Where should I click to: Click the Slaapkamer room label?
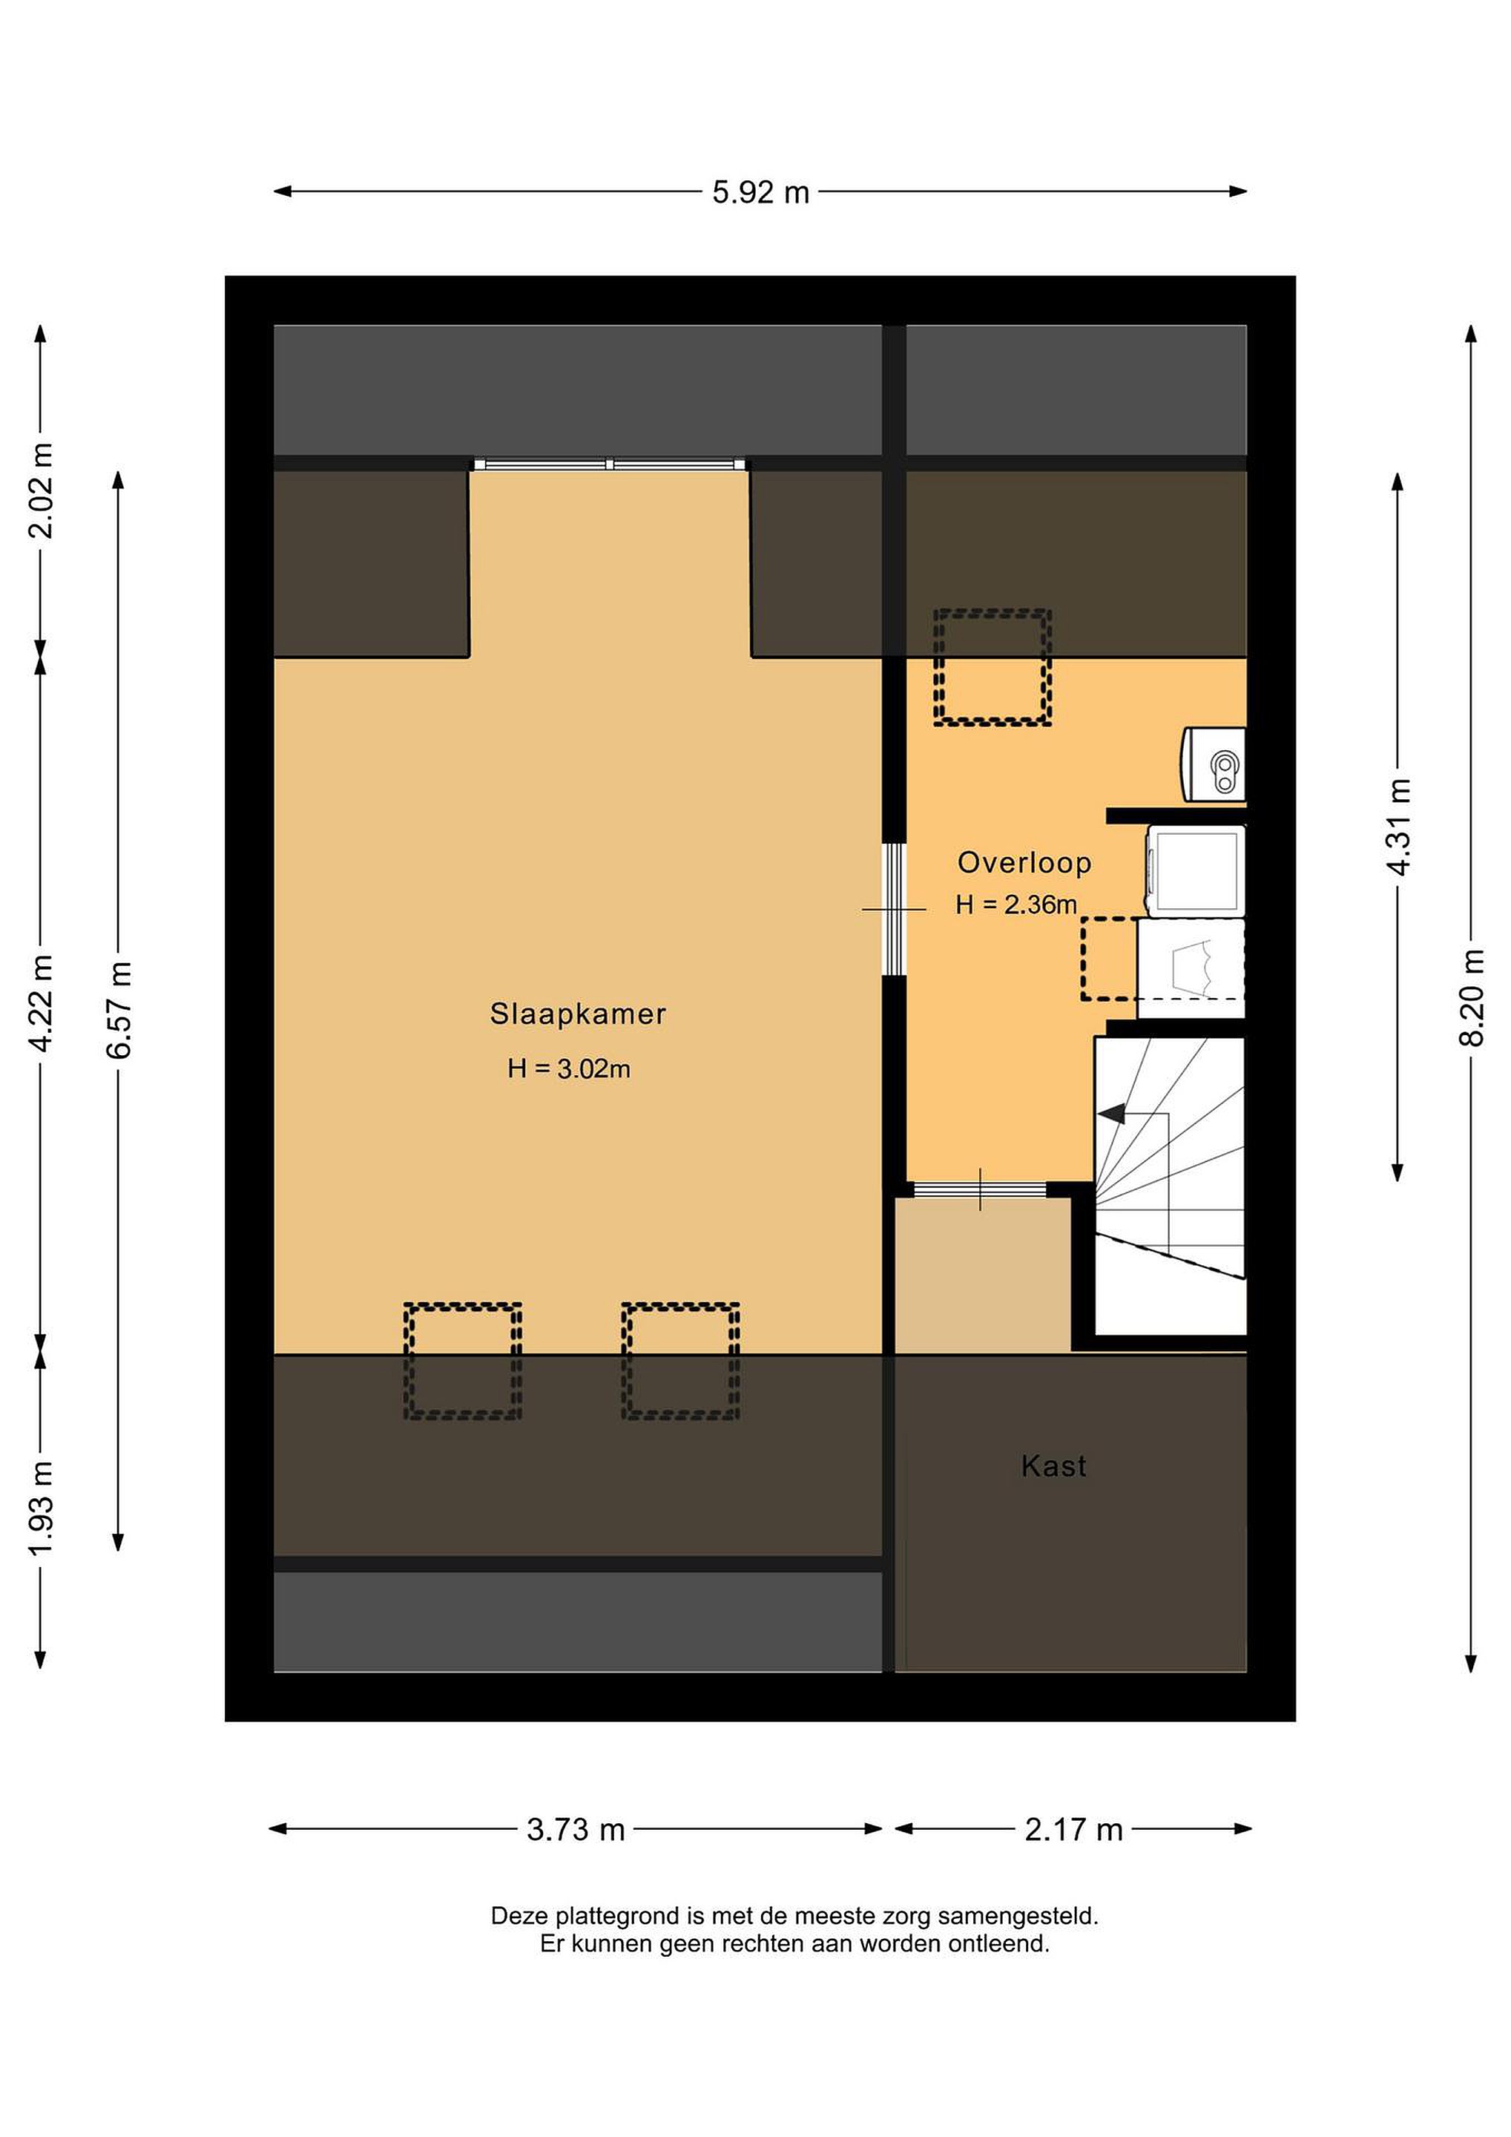click(x=578, y=1014)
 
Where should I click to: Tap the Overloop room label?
click(x=1024, y=863)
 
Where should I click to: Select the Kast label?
click(x=1053, y=1466)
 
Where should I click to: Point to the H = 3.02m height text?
click(x=568, y=1068)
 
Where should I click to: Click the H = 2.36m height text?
click(x=1016, y=904)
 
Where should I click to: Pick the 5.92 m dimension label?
click(x=761, y=193)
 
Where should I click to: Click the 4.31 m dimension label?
click(x=1398, y=826)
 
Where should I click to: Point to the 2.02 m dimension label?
click(x=40, y=490)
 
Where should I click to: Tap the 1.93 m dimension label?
click(x=40, y=1508)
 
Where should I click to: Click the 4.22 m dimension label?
click(x=40, y=1003)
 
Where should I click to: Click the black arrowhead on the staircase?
click(x=1111, y=1113)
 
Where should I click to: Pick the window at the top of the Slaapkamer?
click(x=610, y=464)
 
